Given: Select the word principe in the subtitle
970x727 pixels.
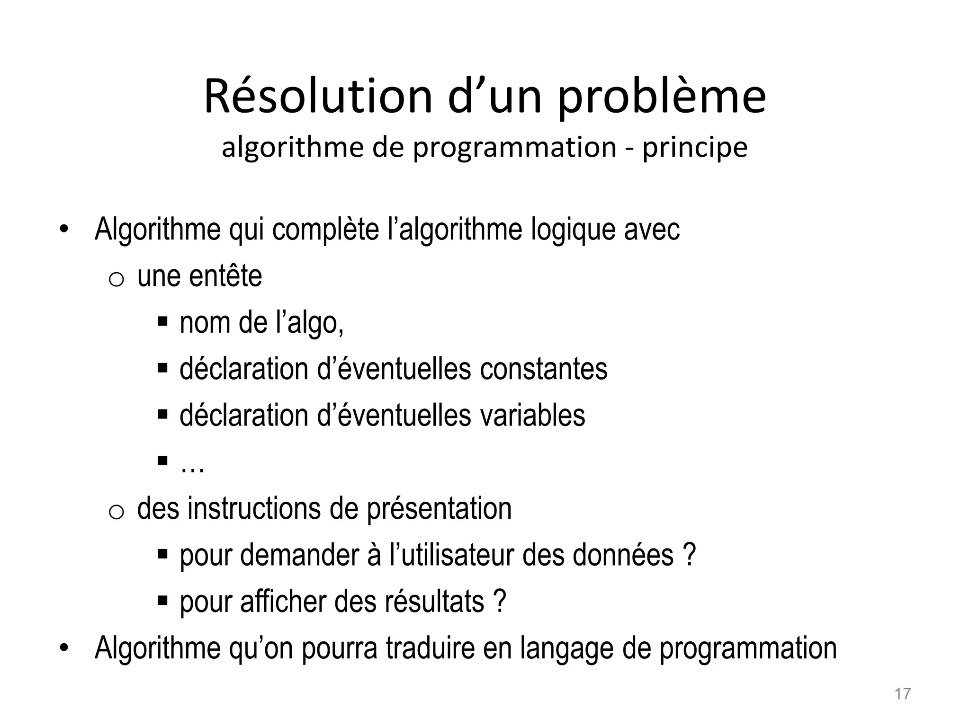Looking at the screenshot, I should pos(694,148).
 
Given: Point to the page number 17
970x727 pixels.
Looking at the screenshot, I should pos(902,694).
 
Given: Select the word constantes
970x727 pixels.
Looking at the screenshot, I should pos(543,369).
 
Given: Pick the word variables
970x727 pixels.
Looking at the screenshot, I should pos(532,416).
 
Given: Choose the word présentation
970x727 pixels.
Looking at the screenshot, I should pos(439,509).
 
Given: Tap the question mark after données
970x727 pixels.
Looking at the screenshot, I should pos(690,555).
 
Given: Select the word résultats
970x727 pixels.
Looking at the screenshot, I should pos(434,602).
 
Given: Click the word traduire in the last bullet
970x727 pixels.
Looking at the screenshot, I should pos(430,648).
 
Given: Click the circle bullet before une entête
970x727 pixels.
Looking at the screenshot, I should pos(116,280).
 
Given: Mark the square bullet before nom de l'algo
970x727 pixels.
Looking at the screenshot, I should pos(162,322).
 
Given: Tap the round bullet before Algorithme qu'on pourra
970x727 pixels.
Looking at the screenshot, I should pos(64,648).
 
